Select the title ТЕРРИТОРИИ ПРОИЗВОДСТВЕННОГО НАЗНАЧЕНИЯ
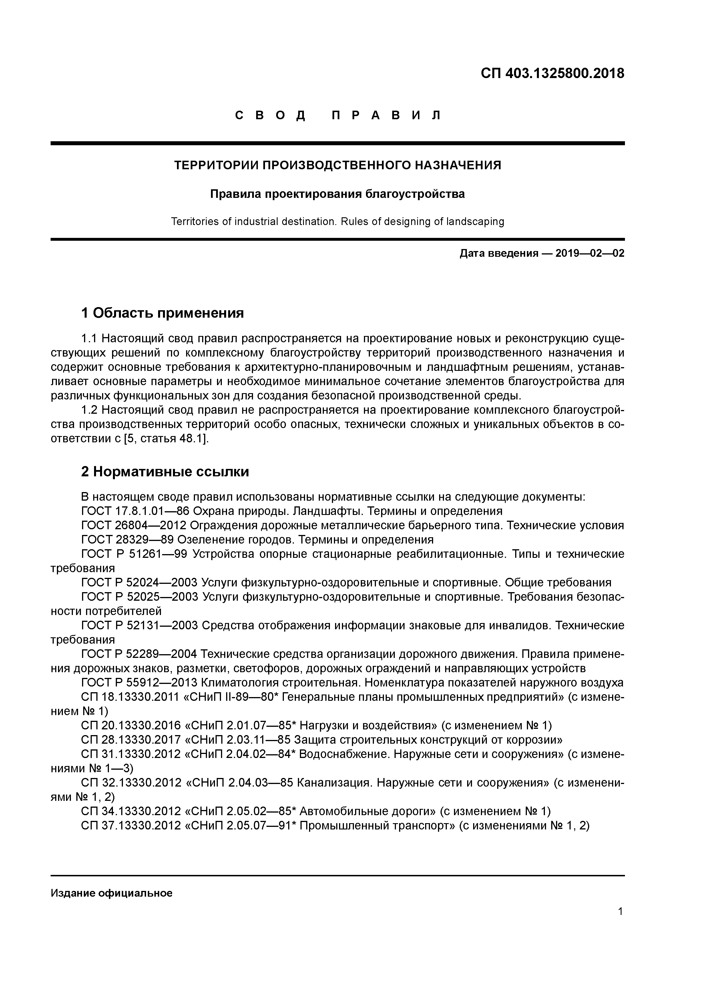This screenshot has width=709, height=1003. [338, 165]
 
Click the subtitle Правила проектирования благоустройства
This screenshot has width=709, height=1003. [338, 194]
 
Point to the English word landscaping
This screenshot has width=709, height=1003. [475, 222]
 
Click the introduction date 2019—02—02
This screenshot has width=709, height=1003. [590, 253]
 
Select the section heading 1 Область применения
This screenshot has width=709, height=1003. [162, 313]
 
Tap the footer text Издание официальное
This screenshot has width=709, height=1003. [111, 893]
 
